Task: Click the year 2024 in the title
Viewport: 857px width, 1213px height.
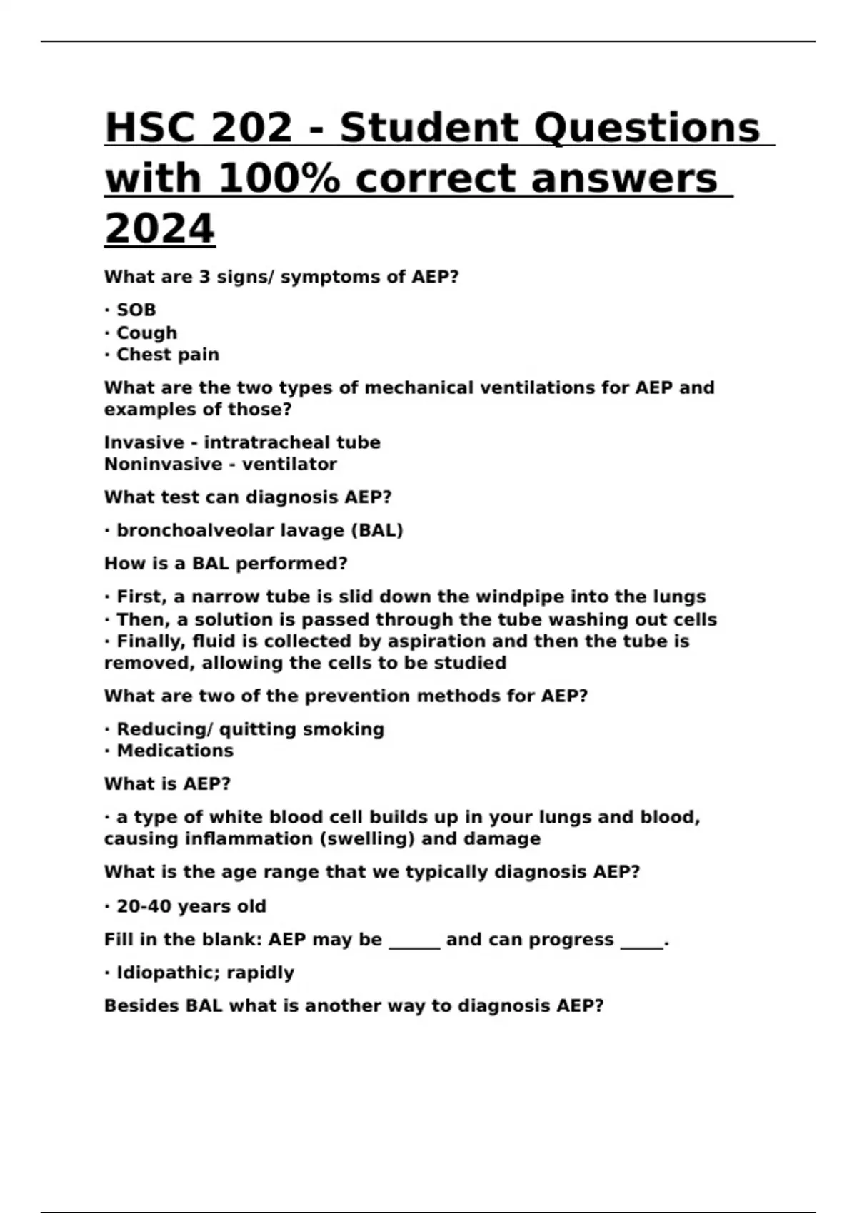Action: (159, 228)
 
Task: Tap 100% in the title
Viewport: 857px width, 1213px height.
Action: (279, 178)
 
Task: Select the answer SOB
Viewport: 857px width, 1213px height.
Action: (136, 310)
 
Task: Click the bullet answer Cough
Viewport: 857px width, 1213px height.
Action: (146, 333)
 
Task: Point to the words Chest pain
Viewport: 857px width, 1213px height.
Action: (168, 355)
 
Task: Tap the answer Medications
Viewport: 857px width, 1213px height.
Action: (175, 751)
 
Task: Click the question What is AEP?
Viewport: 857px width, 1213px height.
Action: (167, 783)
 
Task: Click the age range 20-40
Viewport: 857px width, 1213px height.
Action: (144, 906)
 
